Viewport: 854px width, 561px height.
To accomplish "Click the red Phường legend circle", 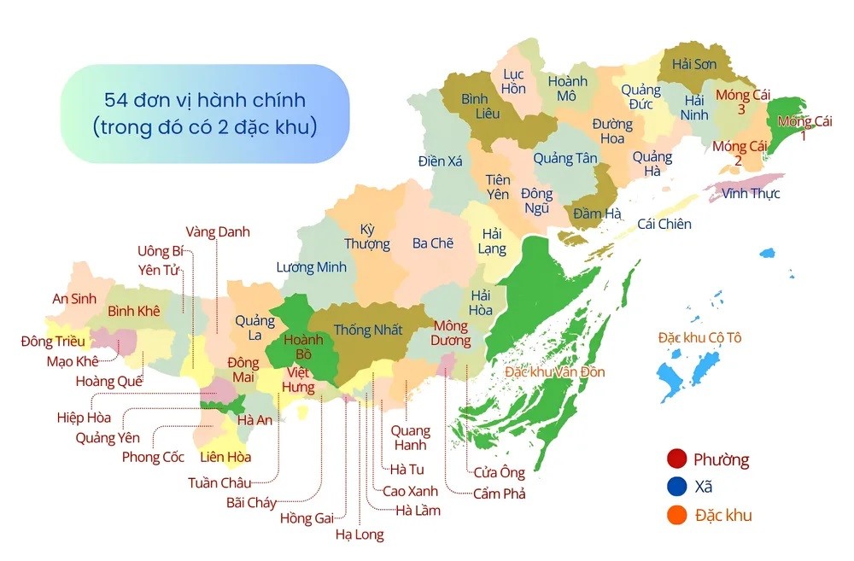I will point(677,459).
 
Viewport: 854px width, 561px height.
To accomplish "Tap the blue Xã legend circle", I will point(677,487).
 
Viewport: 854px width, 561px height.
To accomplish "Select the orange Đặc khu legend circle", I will point(677,514).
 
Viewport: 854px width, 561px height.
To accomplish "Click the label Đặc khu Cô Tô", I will point(699,337).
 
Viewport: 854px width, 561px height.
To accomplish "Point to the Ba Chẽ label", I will point(432,243).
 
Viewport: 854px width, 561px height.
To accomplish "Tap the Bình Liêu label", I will point(474,107).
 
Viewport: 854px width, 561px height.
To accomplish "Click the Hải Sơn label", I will point(693,64).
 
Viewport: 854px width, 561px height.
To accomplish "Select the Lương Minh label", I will point(311,267).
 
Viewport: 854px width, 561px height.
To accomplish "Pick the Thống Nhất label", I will point(367,330).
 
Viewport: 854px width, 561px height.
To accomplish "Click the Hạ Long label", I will point(360,535).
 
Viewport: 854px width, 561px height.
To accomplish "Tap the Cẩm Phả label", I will point(500,494).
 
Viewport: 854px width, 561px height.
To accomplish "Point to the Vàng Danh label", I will point(218,231).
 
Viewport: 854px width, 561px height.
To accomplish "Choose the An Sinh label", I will point(74,298).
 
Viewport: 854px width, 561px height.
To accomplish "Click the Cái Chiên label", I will point(664,224).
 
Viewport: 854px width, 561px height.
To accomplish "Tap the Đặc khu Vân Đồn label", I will point(554,372).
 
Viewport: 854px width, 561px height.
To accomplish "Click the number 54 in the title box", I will point(115,100).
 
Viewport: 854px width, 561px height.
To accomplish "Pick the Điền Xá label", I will point(440,160).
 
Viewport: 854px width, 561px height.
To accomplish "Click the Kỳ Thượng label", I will point(367,237).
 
